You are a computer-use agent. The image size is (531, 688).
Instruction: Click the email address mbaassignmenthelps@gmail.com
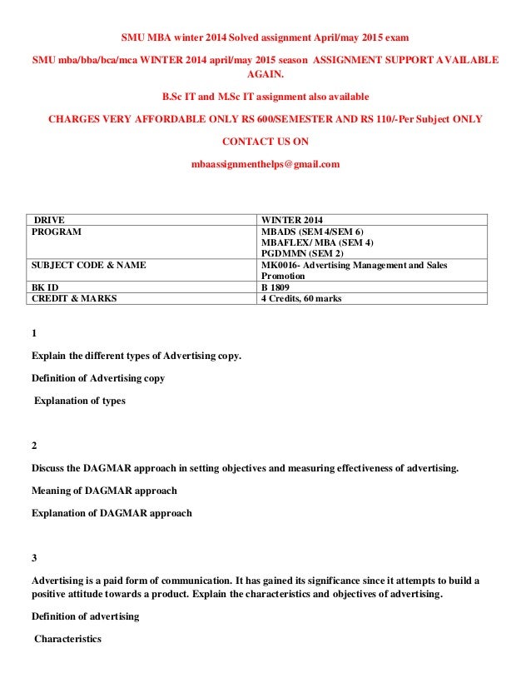tap(265, 165)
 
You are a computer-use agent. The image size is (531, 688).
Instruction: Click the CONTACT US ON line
tap(265, 142)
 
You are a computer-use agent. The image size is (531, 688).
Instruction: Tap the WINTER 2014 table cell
tap(292, 220)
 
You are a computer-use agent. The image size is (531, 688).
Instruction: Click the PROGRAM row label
tap(56, 232)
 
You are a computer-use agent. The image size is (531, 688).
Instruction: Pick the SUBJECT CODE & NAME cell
tap(88, 265)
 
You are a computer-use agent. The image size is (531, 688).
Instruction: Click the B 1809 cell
tap(280, 287)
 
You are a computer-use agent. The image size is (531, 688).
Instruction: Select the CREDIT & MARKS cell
tap(74, 298)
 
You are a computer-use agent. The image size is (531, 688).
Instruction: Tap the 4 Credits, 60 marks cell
tap(301, 298)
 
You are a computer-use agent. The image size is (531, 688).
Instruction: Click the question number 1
tap(34, 334)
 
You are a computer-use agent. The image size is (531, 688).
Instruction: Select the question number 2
tap(34, 446)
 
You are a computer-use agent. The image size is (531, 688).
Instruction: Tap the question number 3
tap(34, 557)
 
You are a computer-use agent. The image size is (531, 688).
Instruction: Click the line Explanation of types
tap(80, 401)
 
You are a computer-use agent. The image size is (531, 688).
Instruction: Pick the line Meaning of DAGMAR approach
tap(104, 490)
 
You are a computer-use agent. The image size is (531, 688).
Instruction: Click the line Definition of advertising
tap(85, 616)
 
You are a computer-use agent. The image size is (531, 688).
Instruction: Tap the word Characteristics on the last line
tap(67, 639)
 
